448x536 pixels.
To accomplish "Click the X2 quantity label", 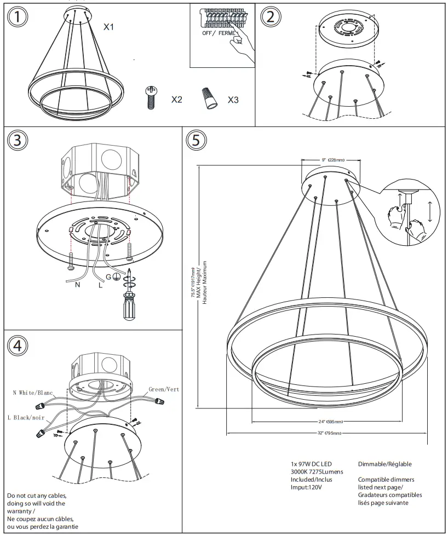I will tap(176, 100).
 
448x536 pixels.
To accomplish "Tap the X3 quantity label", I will tap(233, 100).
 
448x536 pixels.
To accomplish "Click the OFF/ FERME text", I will tap(220, 33).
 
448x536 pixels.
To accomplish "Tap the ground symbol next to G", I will tap(117, 277).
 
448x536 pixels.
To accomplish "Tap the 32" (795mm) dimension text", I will tap(329, 433).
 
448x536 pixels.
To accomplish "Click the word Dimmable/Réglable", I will tap(384, 464).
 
